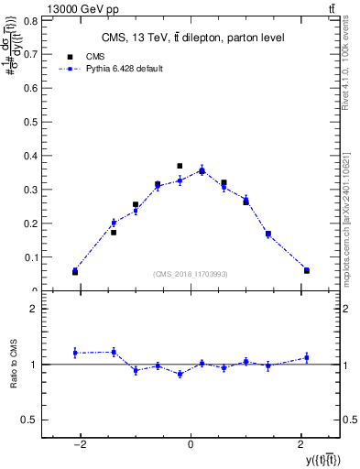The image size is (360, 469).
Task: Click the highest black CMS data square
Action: click(x=180, y=166)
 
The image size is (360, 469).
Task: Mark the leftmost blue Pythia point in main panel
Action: click(x=75, y=270)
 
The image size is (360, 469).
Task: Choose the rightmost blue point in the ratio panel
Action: click(x=307, y=357)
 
